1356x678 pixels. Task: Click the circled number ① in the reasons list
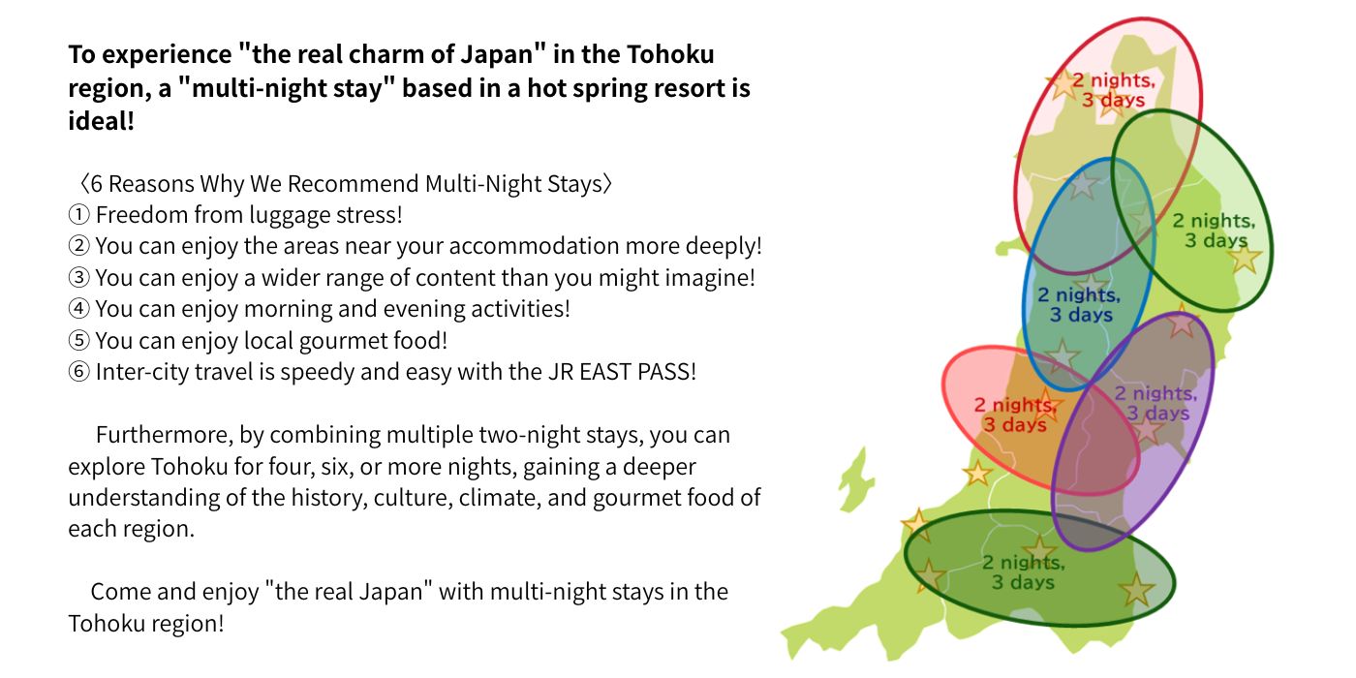point(79,215)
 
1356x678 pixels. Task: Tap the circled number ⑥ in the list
point(79,373)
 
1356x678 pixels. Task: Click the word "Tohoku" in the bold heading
point(668,55)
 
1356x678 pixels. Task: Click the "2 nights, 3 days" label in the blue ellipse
point(1079,305)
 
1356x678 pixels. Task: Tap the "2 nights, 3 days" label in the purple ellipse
point(1155,403)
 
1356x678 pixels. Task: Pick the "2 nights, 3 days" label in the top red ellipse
point(1113,90)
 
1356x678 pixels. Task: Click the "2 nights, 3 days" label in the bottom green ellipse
point(1024,572)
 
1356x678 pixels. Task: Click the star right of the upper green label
point(1244,258)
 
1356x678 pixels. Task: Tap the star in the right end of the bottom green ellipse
point(1136,589)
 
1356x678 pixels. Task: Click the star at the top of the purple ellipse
point(1181,323)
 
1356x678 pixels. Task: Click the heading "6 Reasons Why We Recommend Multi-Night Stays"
point(346,184)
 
